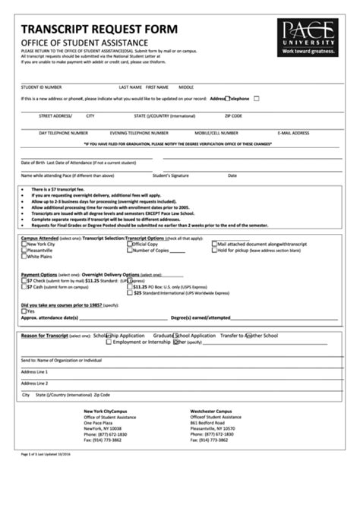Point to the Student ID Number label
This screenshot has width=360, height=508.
42,87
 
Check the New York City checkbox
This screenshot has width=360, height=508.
24,244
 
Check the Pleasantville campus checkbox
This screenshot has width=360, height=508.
24,250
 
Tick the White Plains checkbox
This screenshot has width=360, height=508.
24,256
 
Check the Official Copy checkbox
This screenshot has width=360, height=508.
128,244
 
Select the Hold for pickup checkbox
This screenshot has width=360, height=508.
212,250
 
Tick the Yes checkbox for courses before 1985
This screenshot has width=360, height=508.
24,311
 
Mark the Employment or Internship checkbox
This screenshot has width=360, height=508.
109,342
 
